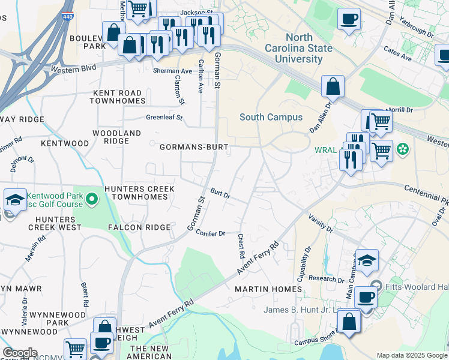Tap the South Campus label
271,117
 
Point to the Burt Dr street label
220,195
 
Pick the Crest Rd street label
241,247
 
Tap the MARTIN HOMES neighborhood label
268,289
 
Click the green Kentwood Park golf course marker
91,198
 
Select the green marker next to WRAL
403,148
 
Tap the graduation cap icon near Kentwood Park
14,200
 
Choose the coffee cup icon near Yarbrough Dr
349,19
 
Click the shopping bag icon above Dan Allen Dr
332,86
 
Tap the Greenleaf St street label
164,118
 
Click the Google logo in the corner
19,353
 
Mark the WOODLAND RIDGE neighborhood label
116,137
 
